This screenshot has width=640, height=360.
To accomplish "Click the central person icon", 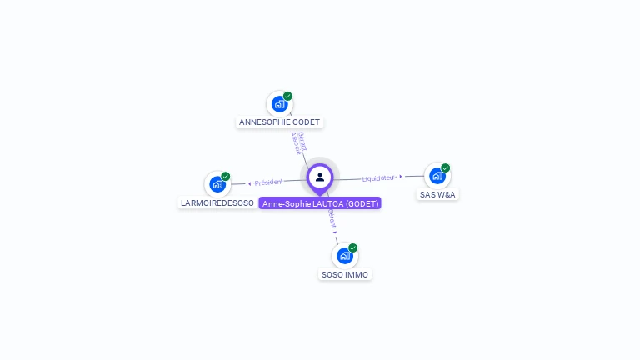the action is [320, 177].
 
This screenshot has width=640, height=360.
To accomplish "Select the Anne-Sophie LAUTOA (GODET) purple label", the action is [320, 203].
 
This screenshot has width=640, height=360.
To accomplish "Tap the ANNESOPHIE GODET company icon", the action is [279, 104].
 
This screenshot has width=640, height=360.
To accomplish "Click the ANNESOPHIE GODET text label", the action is [279, 122].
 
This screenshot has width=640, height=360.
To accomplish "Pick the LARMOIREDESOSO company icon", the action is [217, 184].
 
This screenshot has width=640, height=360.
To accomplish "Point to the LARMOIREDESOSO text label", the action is [217, 202].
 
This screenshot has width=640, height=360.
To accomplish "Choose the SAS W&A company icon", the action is [437, 176].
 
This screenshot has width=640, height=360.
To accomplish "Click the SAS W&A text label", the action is [438, 194].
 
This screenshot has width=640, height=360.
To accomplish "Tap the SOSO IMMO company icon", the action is [345, 256].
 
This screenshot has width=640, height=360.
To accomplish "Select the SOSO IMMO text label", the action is [345, 274].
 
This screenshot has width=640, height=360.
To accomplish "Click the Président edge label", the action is [269, 182].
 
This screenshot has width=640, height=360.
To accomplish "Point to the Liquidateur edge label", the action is [377, 177].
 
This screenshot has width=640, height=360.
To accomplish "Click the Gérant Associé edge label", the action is [298, 142].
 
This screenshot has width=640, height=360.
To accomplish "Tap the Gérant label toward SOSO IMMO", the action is [332, 220].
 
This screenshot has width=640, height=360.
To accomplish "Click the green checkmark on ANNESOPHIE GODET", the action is [287, 96].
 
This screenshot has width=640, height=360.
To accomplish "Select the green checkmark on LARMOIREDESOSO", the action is [226, 176].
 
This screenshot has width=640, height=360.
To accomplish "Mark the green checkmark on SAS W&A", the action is [446, 167].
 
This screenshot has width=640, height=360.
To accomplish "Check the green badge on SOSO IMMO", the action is [353, 247].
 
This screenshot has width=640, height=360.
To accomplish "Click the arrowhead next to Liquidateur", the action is [401, 177].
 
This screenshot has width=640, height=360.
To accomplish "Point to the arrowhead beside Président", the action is [249, 183].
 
